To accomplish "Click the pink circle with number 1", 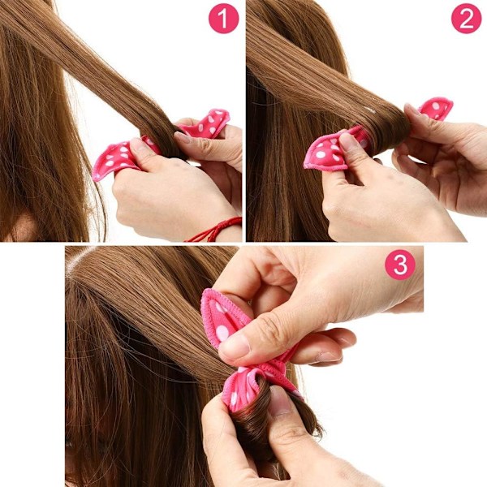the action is click(223, 18).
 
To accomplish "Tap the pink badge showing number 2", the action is click(466, 18).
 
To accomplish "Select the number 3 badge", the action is click(400, 265).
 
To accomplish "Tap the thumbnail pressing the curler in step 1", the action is click(137, 146).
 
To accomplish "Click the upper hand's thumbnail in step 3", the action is click(234, 346).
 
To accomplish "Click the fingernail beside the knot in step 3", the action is click(326, 357).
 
